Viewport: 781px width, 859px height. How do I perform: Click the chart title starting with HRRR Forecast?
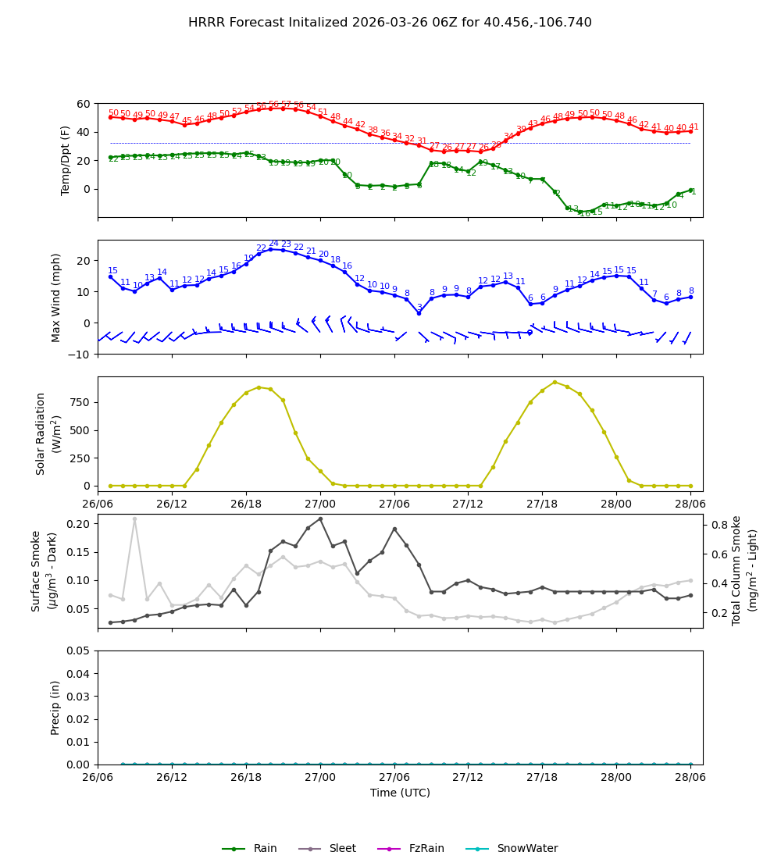390,23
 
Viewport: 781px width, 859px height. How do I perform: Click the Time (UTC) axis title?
400,793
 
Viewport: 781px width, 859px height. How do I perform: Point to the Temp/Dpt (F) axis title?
66,160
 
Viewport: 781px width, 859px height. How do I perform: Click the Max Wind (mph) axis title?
56,297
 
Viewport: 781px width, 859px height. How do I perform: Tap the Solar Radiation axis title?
48,433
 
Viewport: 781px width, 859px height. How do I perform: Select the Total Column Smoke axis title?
744,570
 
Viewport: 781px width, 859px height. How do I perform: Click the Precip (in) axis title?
55,708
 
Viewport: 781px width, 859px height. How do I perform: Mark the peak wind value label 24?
273,244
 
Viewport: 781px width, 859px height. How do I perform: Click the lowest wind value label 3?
419,308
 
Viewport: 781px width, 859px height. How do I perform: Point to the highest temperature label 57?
286,105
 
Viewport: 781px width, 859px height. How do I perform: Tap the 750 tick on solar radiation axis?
80,402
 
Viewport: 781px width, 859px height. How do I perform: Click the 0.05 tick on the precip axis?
78,650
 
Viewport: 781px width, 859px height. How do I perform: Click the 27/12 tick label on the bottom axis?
468,778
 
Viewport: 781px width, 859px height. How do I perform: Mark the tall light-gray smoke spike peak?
134,519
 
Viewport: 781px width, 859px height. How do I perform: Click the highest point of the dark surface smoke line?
320,519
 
